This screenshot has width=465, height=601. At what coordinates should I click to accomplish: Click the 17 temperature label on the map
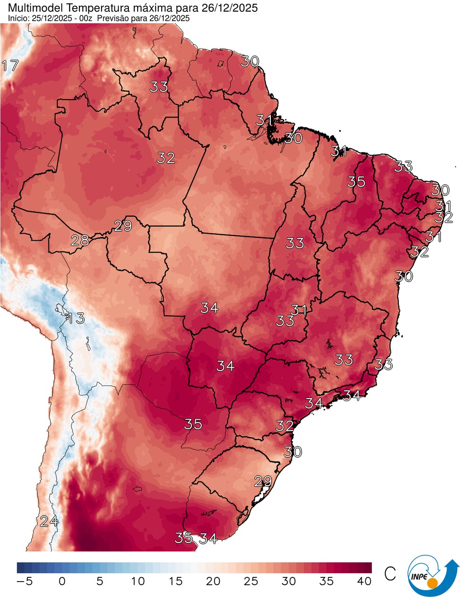pyautogui.click(x=10, y=66)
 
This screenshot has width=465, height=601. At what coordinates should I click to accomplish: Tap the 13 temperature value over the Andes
pyautogui.click(x=75, y=318)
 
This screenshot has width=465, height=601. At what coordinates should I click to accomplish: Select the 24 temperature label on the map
pyautogui.click(x=49, y=521)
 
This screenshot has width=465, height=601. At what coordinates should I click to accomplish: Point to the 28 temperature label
pyautogui.click(x=80, y=241)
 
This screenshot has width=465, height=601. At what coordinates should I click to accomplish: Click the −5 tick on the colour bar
pyautogui.click(x=25, y=581)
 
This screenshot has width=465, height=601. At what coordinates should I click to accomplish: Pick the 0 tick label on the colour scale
pyautogui.click(x=62, y=581)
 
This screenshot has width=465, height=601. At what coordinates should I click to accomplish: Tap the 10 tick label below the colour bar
pyautogui.click(x=138, y=581)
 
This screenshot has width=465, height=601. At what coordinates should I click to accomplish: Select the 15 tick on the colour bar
pyautogui.click(x=175, y=581)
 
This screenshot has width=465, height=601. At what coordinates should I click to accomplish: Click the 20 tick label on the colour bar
pyautogui.click(x=213, y=581)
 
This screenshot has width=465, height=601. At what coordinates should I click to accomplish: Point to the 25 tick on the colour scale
pyautogui.click(x=251, y=581)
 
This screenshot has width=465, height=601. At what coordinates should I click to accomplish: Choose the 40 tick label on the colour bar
pyautogui.click(x=364, y=581)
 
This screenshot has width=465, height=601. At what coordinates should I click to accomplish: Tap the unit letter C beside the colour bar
pyautogui.click(x=390, y=574)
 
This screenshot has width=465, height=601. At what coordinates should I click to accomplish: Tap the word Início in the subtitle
pyautogui.click(x=17, y=18)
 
